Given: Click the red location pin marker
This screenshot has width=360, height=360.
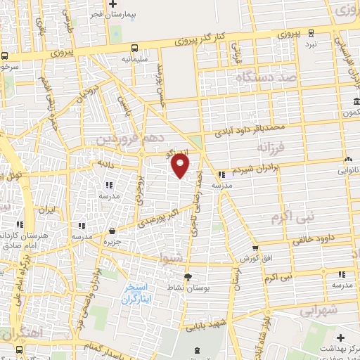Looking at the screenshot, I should (x=181, y=166).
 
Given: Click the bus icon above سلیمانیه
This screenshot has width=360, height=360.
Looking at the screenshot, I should (x=134, y=48).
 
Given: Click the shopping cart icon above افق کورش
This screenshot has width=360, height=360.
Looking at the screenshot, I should (x=255, y=247).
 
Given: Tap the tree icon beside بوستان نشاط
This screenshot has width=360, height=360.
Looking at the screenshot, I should (x=188, y=276).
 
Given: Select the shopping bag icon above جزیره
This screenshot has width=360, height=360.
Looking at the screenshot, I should (x=112, y=230).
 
